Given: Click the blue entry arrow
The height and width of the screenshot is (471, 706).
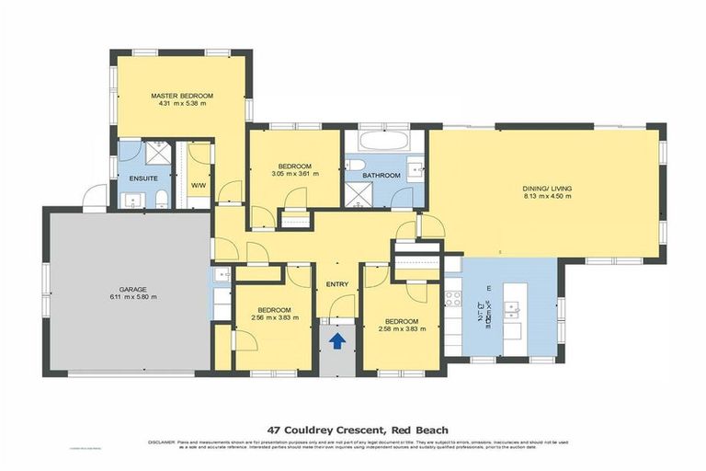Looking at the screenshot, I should [x=337, y=341].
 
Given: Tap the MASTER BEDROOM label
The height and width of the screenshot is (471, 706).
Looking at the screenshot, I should [x=183, y=96].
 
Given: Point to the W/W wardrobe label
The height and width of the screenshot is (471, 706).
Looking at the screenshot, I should [x=198, y=185].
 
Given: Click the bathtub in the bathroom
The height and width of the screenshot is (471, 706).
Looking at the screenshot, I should [x=379, y=144].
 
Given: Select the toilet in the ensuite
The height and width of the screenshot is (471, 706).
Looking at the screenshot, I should [x=160, y=199].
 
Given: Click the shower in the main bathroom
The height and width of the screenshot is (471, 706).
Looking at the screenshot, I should [x=357, y=192].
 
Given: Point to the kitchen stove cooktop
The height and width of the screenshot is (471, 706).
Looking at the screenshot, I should [x=453, y=297].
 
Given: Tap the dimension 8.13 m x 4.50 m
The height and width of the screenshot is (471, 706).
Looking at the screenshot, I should [x=547, y=197].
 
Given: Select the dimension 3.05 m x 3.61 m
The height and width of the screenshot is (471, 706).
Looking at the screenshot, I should [x=294, y=172].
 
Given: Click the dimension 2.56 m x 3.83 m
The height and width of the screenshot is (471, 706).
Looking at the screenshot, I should [x=274, y=318].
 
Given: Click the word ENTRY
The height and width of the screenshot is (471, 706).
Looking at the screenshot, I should [x=337, y=284].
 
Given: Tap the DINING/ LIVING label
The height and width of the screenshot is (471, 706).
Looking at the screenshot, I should [x=547, y=188].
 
